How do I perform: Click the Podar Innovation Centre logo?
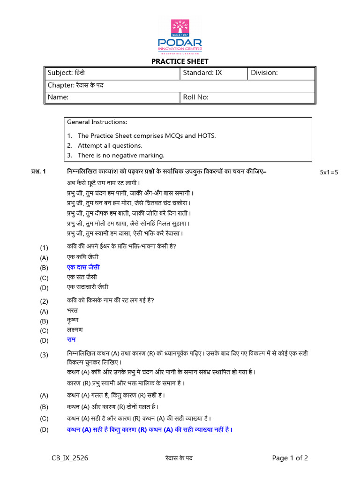[x=180, y=37]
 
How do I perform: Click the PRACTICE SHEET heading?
[x=180, y=61]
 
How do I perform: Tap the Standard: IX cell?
[x=213, y=73]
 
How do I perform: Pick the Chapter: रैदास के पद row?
[x=180, y=85]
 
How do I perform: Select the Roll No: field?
[x=247, y=97]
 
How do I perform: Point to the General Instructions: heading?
[x=97, y=122]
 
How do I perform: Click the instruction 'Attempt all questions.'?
[x=110, y=145]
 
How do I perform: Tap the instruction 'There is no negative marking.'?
[x=121, y=155]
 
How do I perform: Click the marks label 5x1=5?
[x=329, y=172]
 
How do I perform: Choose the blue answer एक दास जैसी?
[x=83, y=267]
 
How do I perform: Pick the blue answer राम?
[x=71, y=339]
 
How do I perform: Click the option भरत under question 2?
[x=72, y=310]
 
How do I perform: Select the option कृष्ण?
[x=72, y=320]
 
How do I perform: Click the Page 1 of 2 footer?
[x=290, y=458]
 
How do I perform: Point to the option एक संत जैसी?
[x=82, y=277]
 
